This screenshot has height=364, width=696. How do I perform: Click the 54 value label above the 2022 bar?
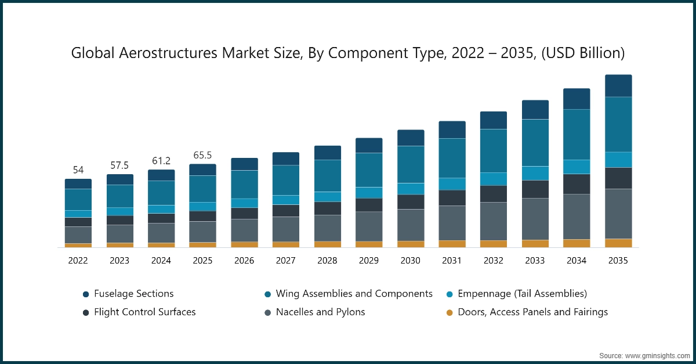click(x=78, y=170)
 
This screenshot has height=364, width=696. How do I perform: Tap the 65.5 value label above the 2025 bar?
click(x=202, y=155)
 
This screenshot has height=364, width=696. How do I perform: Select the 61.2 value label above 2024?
click(x=161, y=161)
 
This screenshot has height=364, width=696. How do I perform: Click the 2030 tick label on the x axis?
click(x=410, y=261)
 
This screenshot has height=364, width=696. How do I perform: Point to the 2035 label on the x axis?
click(x=618, y=261)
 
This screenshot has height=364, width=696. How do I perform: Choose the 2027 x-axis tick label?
click(x=285, y=261)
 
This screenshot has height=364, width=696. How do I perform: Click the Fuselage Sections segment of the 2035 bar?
click(x=618, y=86)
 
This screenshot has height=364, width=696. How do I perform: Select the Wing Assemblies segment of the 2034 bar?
click(x=577, y=134)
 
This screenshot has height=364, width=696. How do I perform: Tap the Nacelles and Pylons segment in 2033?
click(x=535, y=219)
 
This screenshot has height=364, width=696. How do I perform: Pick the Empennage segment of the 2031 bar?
click(x=452, y=184)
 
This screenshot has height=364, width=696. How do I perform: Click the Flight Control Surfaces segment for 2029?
click(x=369, y=205)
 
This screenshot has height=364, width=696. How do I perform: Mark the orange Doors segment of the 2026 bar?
click(x=244, y=244)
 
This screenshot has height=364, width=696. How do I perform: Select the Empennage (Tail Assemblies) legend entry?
click(x=522, y=294)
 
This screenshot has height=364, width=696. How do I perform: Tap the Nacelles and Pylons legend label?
click(x=320, y=312)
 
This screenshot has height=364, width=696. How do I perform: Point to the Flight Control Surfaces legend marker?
click(x=86, y=312)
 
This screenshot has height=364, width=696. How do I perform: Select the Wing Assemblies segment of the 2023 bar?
click(x=119, y=196)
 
